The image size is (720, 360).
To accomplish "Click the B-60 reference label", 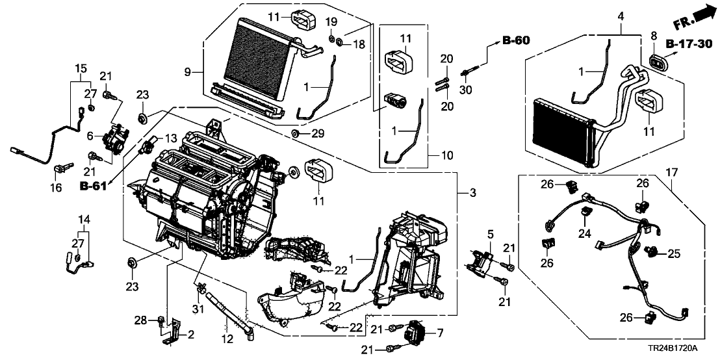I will pos(516,41).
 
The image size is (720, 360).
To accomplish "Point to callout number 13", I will pos(170,139).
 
